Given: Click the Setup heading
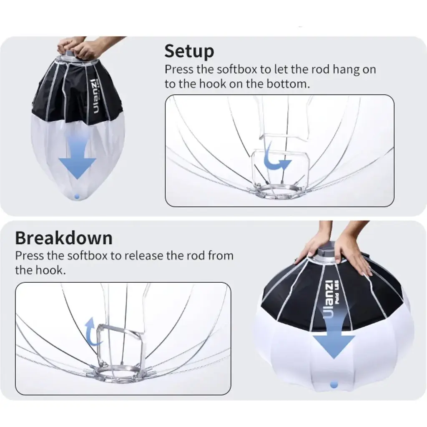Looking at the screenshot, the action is pyautogui.click(x=189, y=51).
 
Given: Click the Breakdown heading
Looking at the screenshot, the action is pyautogui.click(x=64, y=238).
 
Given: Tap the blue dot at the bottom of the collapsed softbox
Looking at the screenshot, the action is pyautogui.click(x=77, y=196).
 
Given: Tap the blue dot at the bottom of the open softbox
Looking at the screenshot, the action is pyautogui.click(x=334, y=385).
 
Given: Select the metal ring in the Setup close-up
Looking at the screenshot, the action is pyautogui.click(x=276, y=190).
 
